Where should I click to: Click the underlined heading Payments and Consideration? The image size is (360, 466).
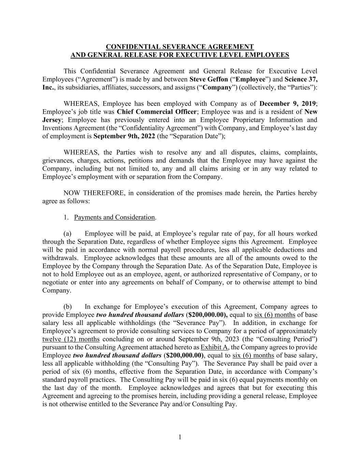coord(114,217)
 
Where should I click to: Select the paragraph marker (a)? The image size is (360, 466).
coord(68,234)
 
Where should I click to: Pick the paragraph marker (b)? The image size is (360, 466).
coord(68,307)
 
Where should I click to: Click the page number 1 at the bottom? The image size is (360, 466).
coord(180,437)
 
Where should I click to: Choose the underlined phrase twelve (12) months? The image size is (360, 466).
coord(71,339)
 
